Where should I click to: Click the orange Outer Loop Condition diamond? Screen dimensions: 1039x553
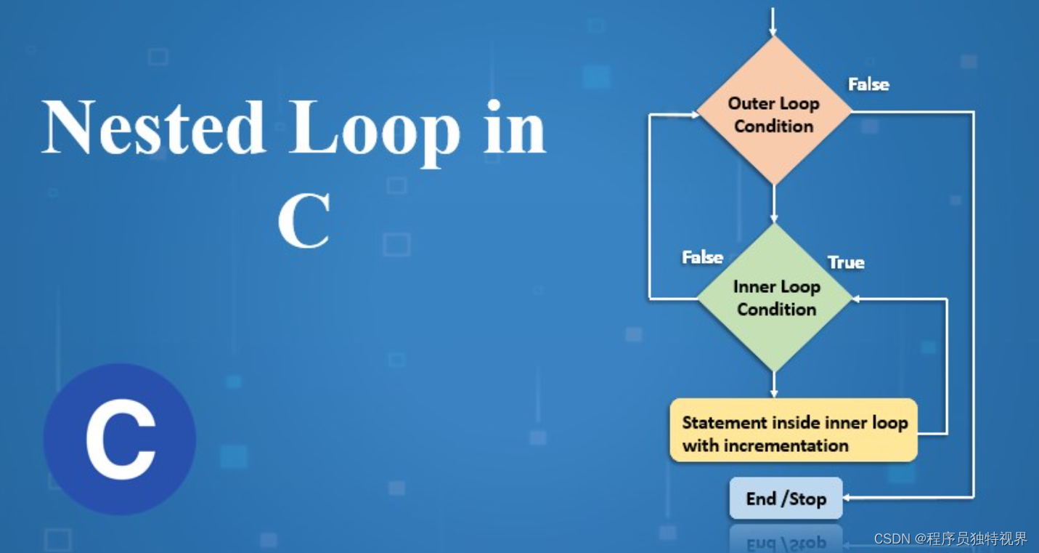pos(774,111)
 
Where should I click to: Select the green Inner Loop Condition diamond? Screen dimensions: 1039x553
pos(775,298)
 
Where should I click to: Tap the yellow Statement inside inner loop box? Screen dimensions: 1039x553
pos(794,430)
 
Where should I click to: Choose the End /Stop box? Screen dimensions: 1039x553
pos(786,498)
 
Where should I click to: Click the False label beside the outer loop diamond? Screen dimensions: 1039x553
pos(868,84)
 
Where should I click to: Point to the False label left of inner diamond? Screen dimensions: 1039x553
pos(702,257)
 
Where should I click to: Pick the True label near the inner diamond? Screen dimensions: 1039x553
pos(846,262)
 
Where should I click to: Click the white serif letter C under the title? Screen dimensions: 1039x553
pos(304,221)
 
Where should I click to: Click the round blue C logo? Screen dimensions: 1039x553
pos(120,439)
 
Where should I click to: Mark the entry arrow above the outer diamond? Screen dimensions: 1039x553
pos(773,22)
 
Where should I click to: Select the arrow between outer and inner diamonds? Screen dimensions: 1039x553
pos(774,204)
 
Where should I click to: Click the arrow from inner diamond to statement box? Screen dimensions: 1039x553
pos(774,385)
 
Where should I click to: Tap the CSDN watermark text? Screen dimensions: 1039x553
pos(950,538)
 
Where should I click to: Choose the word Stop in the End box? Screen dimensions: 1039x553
pos(807,499)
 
